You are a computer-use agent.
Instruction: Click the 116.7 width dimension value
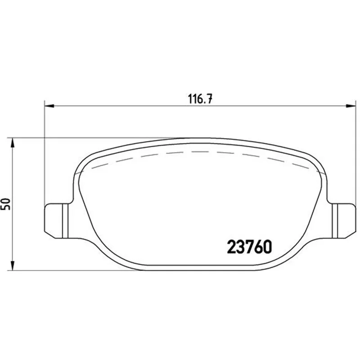tap(200, 99)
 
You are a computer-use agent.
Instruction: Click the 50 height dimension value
tap(5, 204)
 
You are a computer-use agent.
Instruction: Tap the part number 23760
tap(250, 247)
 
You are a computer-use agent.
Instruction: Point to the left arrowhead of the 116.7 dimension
tap(49, 106)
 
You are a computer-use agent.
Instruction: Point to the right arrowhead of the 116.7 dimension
tap(351, 106)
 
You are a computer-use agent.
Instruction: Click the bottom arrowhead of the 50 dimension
tap(13, 265)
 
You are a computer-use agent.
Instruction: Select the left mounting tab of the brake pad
tap(56, 220)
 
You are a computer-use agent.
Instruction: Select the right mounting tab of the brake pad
tap(343, 220)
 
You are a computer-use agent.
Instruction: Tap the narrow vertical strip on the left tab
tap(65, 220)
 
